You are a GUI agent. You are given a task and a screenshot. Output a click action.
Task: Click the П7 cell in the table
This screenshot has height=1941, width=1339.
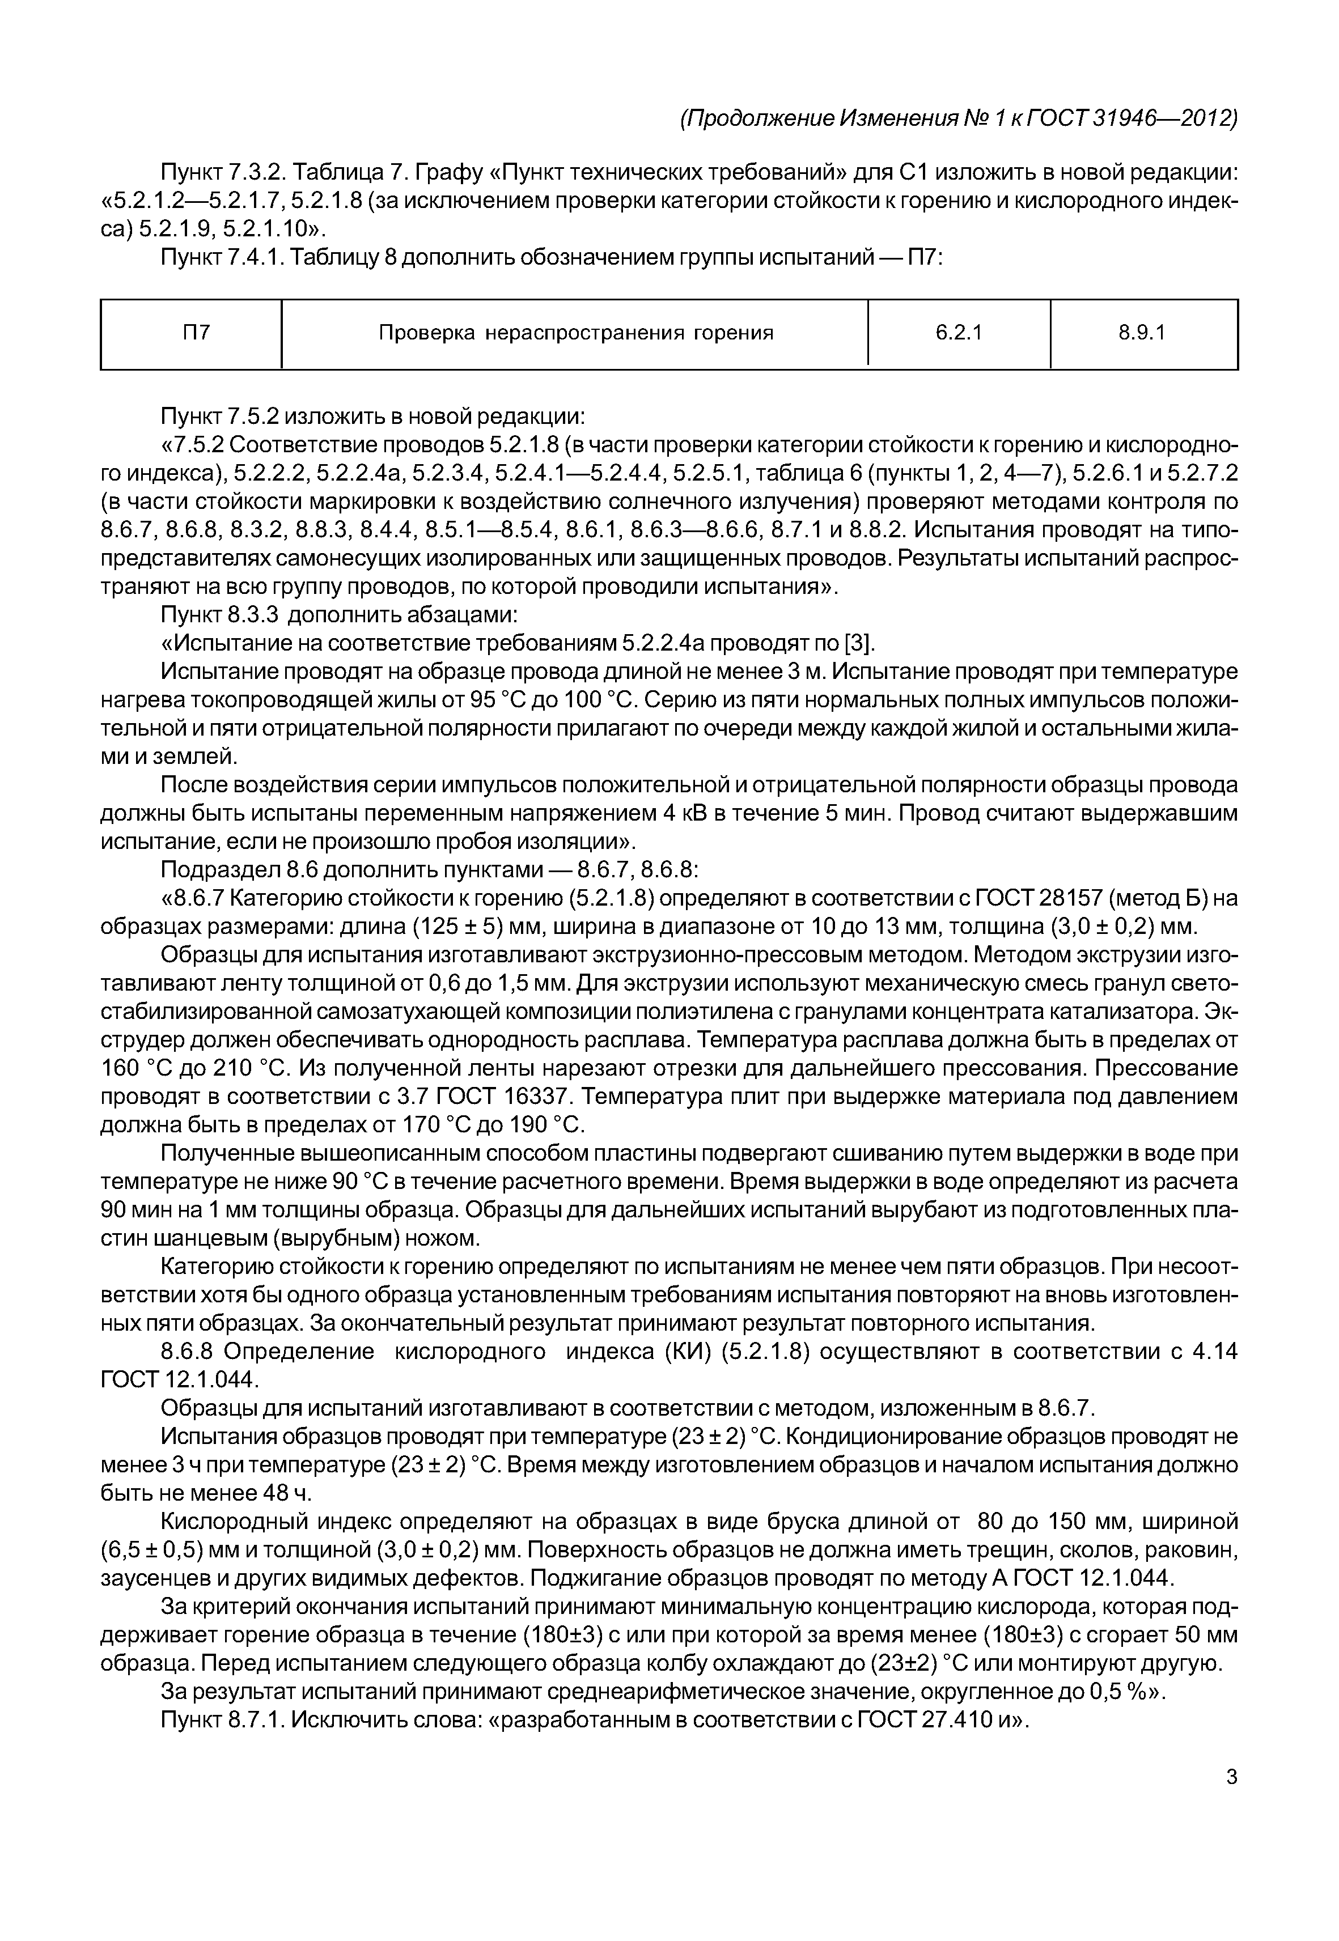(x=196, y=333)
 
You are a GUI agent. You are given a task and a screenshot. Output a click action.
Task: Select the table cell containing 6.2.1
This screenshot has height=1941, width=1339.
(x=958, y=333)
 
